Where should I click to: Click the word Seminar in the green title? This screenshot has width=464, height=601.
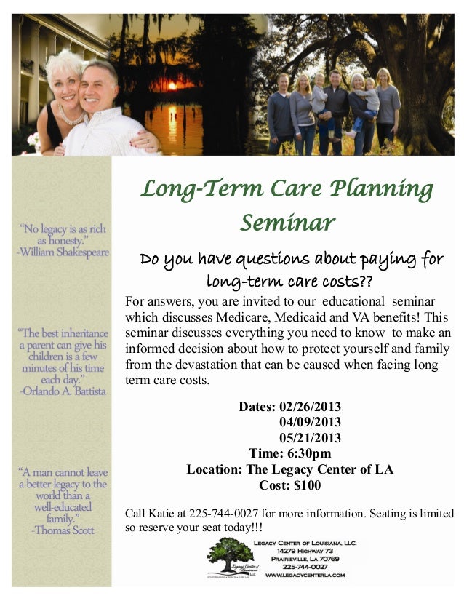[x=287, y=222]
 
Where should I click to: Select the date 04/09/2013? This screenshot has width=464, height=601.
[x=310, y=422]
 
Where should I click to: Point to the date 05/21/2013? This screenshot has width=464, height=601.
[x=310, y=437]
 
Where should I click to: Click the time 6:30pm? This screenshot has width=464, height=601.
[x=310, y=453]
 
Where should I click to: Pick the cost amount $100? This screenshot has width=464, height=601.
[x=305, y=485]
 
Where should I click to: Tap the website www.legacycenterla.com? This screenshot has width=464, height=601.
[x=305, y=576]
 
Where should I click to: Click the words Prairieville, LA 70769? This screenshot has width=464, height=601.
[x=305, y=559]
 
